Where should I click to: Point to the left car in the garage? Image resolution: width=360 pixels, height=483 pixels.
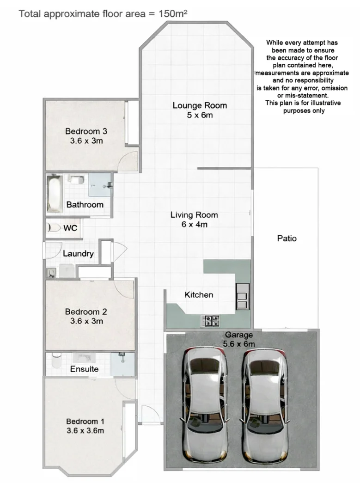pyautogui.click(x=205, y=400)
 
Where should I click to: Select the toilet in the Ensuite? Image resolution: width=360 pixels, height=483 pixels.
pyautogui.click(x=56, y=361)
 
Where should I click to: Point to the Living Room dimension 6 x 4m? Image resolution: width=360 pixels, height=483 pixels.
pyautogui.click(x=194, y=225)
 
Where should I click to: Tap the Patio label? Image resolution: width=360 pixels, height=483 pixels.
pyautogui.click(x=287, y=238)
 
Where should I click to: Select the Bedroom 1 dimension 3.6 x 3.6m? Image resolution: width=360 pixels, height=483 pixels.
pyautogui.click(x=85, y=430)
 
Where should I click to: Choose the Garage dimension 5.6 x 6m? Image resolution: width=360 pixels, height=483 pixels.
pyautogui.click(x=238, y=344)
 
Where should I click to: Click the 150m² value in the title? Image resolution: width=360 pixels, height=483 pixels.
pyautogui.click(x=173, y=13)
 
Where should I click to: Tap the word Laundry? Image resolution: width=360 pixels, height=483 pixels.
pyautogui.click(x=78, y=254)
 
